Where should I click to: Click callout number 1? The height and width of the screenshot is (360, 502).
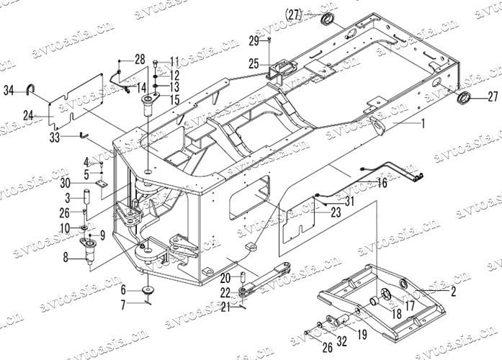pos(423,124)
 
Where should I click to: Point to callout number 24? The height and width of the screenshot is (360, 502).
pos(28,114)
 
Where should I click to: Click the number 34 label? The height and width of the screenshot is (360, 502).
pos(9,90)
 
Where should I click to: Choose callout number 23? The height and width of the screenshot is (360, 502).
pos(336,212)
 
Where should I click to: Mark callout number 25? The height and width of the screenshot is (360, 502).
pos(254,64)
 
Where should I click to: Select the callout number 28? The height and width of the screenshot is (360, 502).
pos(139,58)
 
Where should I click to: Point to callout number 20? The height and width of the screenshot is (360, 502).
pos(225,277)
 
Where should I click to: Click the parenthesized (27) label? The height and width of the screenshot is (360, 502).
pos(293,13)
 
